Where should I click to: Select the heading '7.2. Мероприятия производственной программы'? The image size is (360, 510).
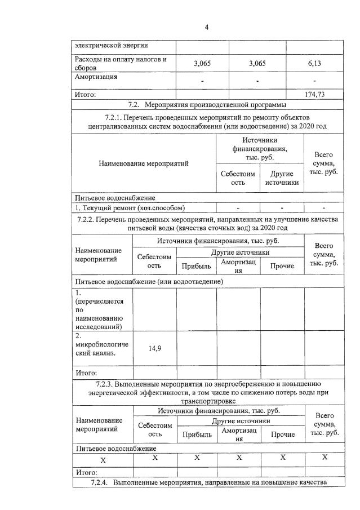tap(207, 105)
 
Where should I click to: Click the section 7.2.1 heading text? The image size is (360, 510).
tap(207, 122)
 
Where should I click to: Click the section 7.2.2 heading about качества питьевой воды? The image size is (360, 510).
tap(207, 223)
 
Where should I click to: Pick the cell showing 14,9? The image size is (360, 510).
tap(154, 349)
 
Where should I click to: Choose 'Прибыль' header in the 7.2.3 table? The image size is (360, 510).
tap(197, 434)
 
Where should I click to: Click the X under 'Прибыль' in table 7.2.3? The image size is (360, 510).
tap(197, 458)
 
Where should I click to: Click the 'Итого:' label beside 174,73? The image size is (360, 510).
tap(86, 95)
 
